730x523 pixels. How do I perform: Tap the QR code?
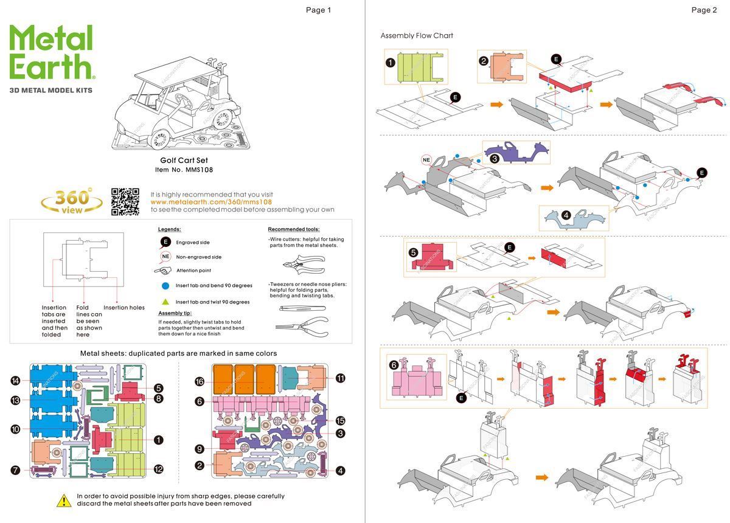point(125,202)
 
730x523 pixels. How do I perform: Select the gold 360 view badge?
point(72,201)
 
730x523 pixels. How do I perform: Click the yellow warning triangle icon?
point(64,500)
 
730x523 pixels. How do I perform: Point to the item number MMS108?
point(184,170)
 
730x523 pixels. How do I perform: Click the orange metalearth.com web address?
point(211,202)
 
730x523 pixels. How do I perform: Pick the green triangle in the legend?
point(165,302)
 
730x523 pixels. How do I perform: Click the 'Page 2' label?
point(704,10)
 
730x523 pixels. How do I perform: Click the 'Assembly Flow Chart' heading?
point(417,35)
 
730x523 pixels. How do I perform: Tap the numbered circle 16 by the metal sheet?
point(199,381)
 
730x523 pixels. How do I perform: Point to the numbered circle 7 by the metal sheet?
point(16,469)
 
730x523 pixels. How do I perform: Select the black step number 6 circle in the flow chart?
point(394,365)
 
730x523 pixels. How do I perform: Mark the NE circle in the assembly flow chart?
point(427,160)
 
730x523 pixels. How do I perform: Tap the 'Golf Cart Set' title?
point(184,161)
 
